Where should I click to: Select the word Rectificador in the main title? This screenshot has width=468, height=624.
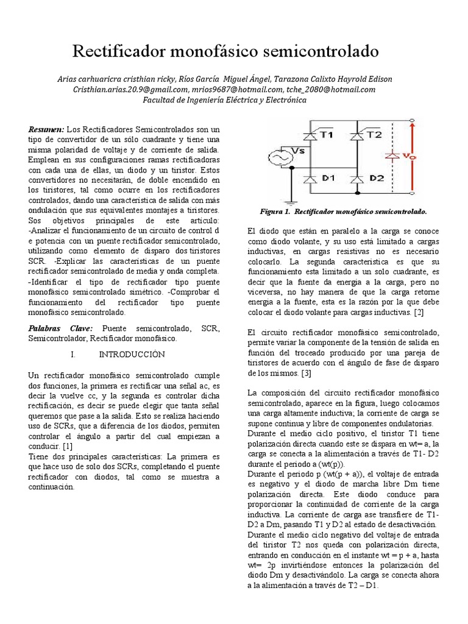tap(121, 52)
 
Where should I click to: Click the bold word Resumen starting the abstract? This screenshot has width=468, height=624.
tap(46, 130)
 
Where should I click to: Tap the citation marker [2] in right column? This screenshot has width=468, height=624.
tap(420, 312)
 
